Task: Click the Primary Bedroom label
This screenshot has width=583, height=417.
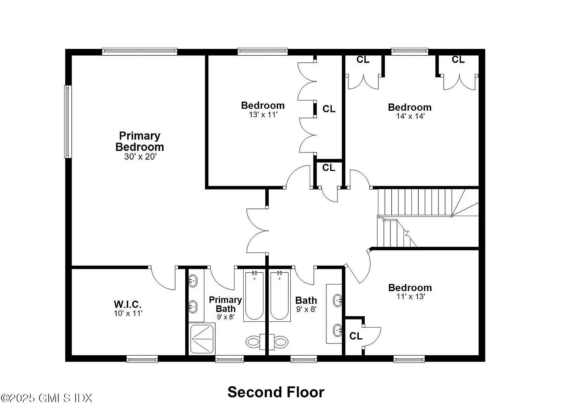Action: click(140, 141)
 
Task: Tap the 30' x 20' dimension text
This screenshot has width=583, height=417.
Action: click(140, 157)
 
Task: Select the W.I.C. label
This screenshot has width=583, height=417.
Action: click(128, 304)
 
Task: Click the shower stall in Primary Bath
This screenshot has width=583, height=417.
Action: click(202, 339)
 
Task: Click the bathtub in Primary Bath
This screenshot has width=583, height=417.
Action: click(254, 296)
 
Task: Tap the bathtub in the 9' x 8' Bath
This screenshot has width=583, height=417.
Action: click(279, 296)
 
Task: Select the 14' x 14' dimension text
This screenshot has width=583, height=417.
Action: click(410, 116)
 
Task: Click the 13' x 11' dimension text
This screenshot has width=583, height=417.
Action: click(263, 114)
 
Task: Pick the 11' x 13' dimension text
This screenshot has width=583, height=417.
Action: click(410, 296)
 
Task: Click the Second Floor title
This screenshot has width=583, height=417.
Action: click(276, 392)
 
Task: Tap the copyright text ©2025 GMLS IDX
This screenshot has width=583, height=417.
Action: click(46, 398)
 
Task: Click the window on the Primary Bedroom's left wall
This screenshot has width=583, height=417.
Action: click(68, 122)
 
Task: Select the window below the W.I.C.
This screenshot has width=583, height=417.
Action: click(142, 359)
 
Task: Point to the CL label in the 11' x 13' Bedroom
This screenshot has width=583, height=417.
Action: click(356, 336)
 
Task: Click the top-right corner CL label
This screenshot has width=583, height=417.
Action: click(458, 60)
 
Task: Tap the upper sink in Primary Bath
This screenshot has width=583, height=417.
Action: click(192, 281)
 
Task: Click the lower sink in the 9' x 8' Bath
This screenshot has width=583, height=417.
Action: click(337, 331)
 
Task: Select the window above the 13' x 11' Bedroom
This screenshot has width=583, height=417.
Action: click(263, 52)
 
